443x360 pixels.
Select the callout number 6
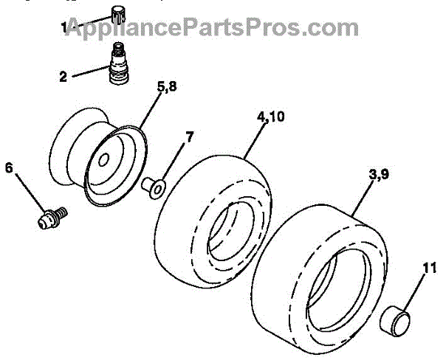coord(9,167)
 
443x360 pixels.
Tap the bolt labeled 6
coord(49,218)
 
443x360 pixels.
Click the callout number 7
coord(189,136)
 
